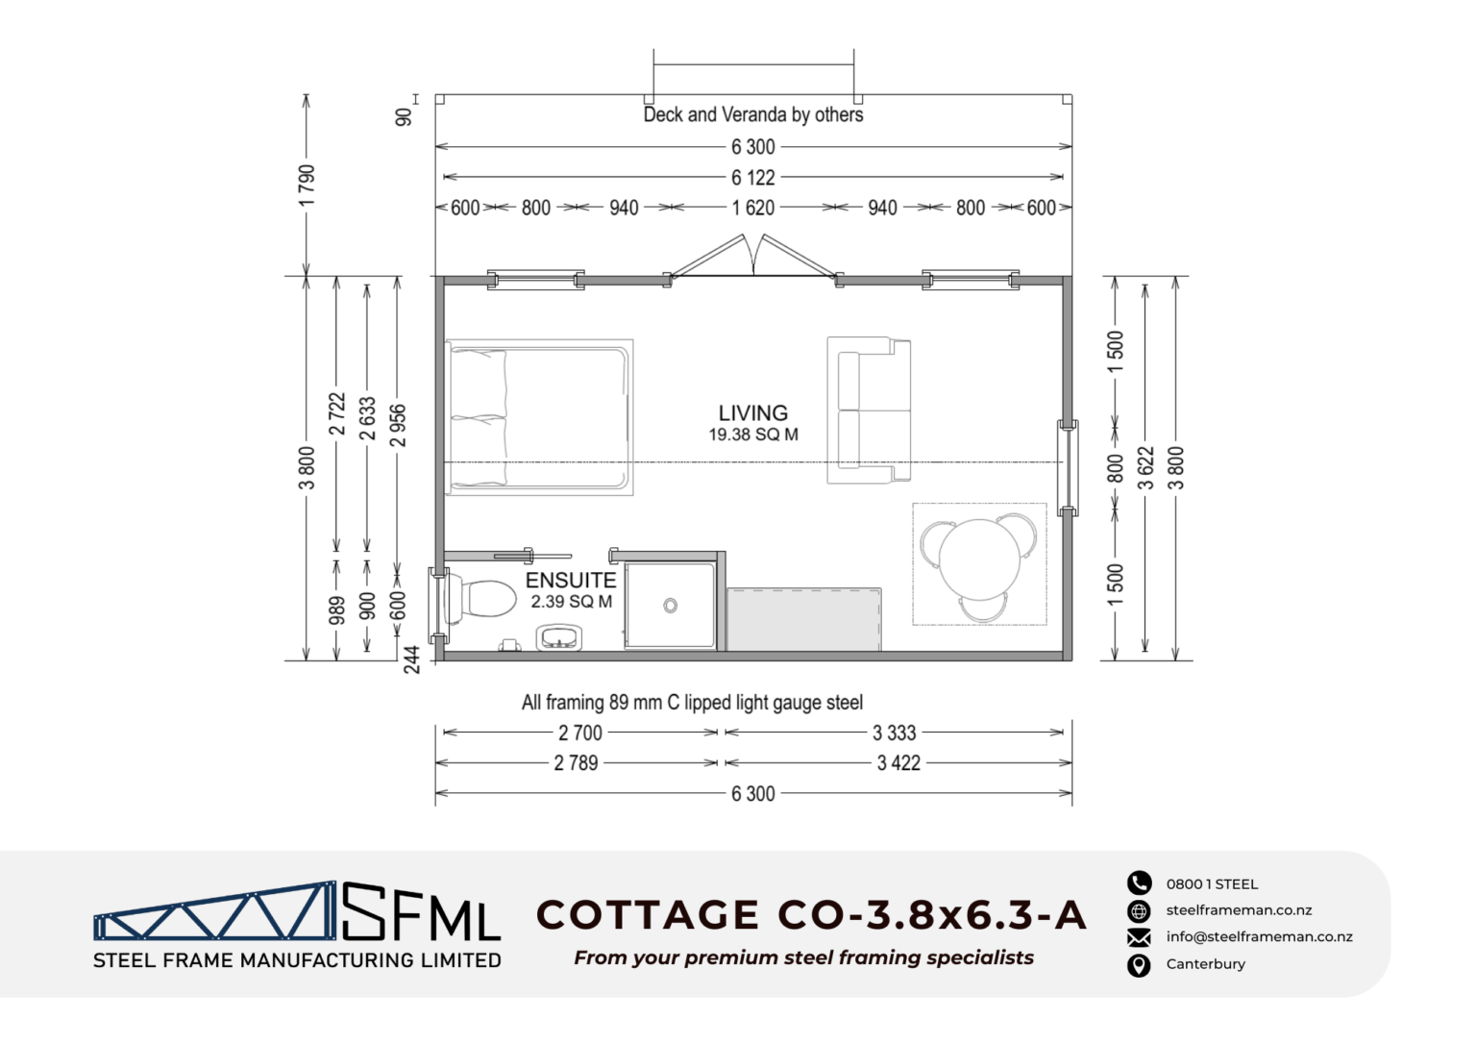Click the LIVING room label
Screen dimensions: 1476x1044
[x=752, y=413]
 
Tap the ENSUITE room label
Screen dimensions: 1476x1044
[x=571, y=580]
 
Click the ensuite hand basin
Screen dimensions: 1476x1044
[x=558, y=637]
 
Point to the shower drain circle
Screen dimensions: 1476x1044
[x=670, y=606]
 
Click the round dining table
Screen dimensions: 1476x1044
[x=980, y=559]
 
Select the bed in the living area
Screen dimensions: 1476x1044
[x=539, y=417]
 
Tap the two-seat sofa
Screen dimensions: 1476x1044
[x=869, y=410]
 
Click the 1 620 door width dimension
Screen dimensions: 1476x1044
[x=753, y=209]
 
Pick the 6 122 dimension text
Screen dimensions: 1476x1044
[x=753, y=177]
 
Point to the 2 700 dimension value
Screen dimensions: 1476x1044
[x=579, y=733]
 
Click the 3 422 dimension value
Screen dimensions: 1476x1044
[x=898, y=763]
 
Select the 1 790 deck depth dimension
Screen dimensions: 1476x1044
[x=307, y=186]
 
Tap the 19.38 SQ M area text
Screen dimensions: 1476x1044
[x=753, y=435]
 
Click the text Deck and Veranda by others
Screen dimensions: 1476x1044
[x=753, y=114]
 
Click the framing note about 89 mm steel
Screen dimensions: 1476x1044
[x=692, y=703]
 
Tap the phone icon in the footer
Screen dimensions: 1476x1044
[x=1140, y=883]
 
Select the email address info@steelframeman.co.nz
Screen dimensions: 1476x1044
[x=1259, y=936]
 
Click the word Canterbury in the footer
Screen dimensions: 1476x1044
[x=1206, y=964]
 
